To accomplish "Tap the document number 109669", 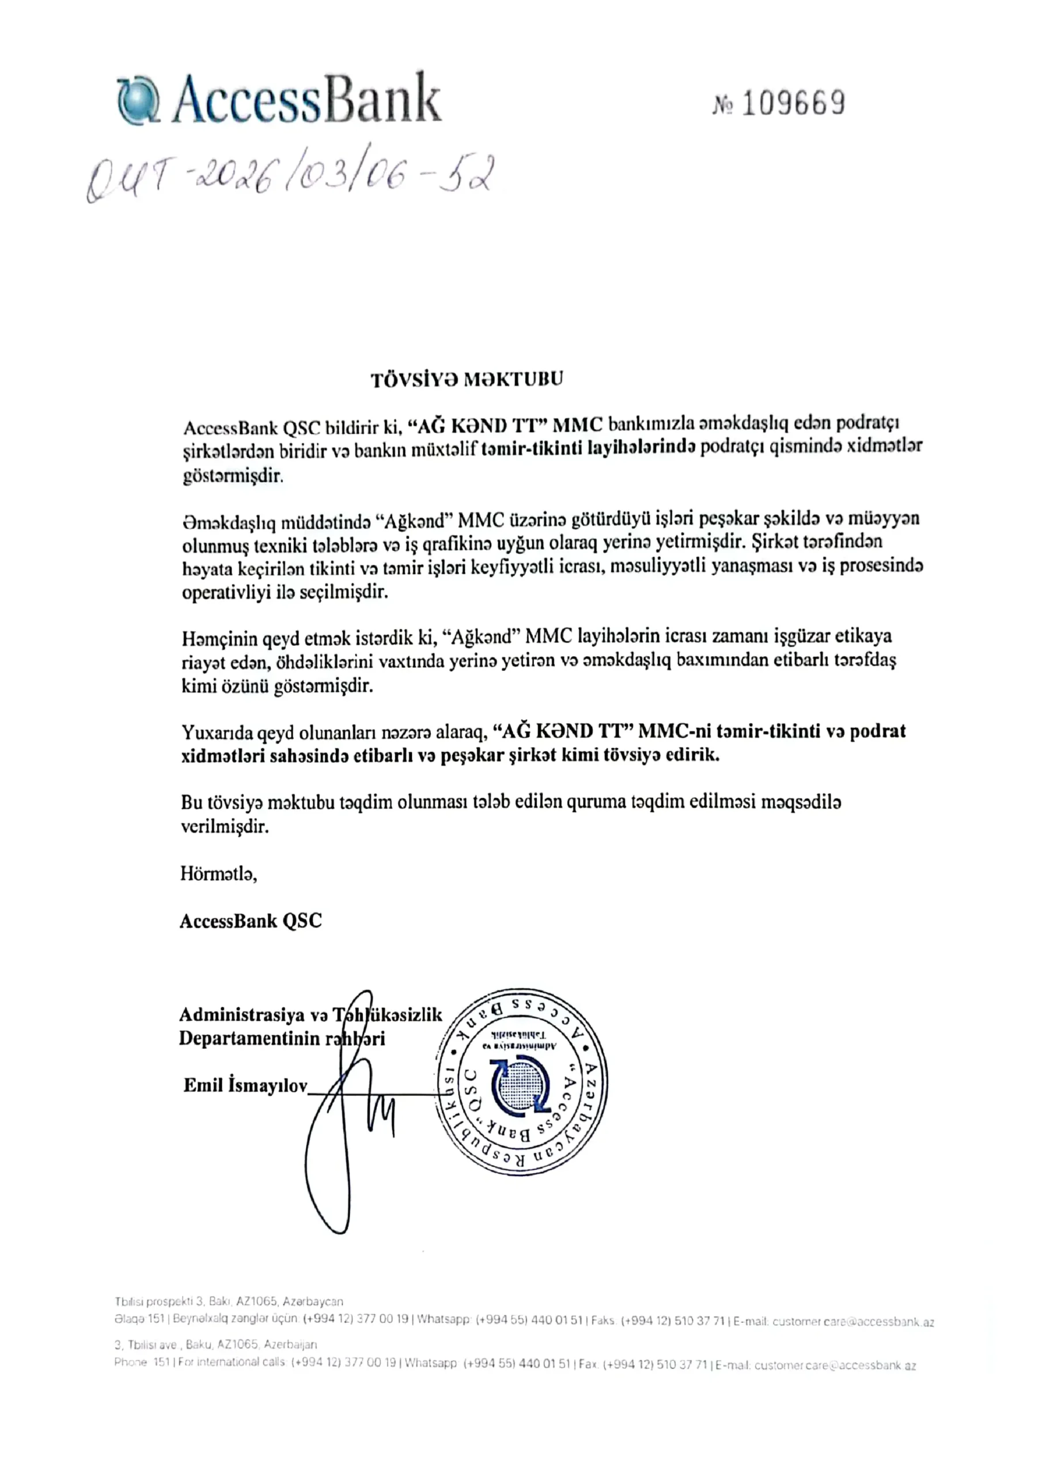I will point(793,104).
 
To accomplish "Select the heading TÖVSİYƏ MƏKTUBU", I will point(467,379).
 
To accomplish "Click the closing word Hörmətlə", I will point(218,874).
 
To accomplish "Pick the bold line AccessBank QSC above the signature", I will point(251,921).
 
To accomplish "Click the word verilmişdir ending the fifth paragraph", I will point(224,827).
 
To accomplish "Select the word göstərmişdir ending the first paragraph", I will point(233,476).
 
